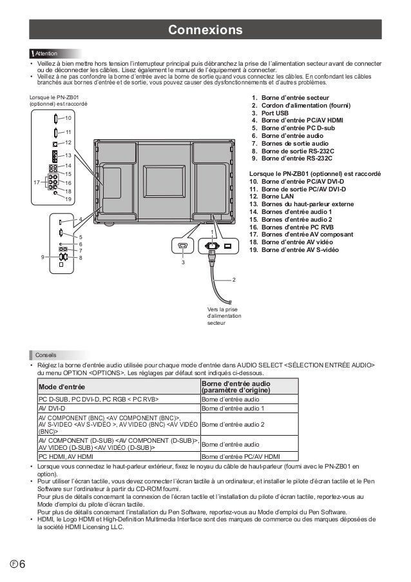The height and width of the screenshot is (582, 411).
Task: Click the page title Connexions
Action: pos(205,30)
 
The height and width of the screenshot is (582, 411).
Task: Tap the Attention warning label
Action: pos(46,52)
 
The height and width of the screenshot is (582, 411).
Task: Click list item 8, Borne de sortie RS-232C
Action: pos(297,150)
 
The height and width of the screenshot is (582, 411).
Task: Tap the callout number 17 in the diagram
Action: pos(35,182)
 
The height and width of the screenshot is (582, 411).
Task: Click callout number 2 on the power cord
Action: pos(234,280)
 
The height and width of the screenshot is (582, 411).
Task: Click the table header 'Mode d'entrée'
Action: pos(62,387)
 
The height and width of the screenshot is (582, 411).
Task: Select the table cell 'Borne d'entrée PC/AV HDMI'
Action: pos(240,456)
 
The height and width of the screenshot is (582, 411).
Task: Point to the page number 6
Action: pos(21,565)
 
